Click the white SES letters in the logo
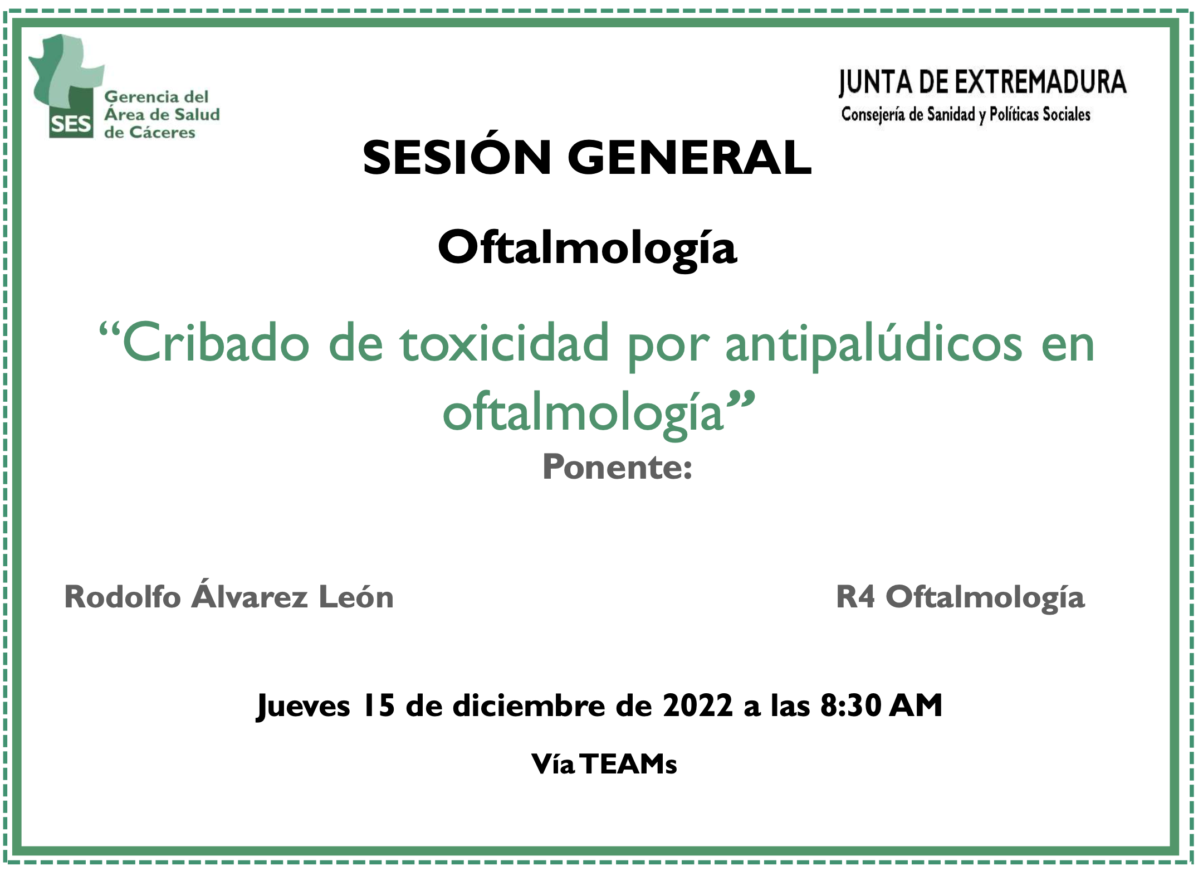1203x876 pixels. click(x=71, y=124)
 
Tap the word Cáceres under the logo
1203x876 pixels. click(x=162, y=133)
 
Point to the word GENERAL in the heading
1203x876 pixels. click(x=689, y=158)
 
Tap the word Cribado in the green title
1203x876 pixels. click(x=216, y=343)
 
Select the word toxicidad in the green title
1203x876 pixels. click(x=505, y=343)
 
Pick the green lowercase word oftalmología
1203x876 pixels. click(x=583, y=413)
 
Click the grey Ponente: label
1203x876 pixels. click(x=618, y=467)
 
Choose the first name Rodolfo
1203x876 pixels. click(x=123, y=597)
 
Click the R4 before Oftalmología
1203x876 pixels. click(x=855, y=597)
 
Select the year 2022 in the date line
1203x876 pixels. click(x=698, y=705)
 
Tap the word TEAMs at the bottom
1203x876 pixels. click(x=630, y=764)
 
